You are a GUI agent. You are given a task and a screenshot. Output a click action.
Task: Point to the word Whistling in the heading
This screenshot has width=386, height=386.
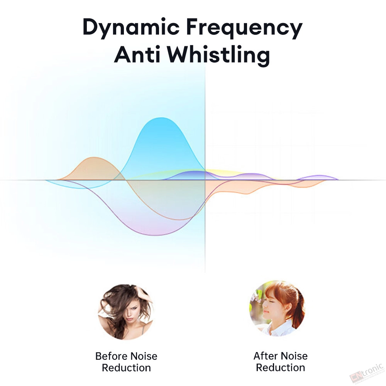219,55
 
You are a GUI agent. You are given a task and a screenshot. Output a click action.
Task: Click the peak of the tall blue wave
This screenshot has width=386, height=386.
161,118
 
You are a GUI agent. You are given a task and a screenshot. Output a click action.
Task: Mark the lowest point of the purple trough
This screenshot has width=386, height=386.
155,235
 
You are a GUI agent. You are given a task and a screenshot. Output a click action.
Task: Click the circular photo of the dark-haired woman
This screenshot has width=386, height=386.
125,312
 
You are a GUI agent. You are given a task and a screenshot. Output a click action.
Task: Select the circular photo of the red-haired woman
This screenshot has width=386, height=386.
277,308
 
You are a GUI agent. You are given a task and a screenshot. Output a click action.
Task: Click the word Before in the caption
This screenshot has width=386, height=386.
111,356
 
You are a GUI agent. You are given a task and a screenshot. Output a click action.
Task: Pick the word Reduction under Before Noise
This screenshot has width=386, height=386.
126,368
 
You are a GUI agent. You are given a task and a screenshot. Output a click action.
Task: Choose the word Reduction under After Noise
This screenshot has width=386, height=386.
280,367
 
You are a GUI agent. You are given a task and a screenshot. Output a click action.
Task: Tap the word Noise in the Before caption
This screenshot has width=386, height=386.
144,356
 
